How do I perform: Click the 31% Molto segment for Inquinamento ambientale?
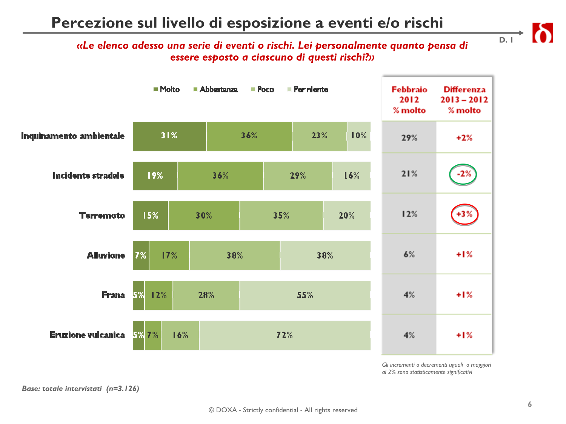[x=169, y=136]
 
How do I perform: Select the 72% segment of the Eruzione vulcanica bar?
[x=285, y=335]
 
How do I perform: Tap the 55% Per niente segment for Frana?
[x=305, y=295]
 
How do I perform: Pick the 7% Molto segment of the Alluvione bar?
[x=141, y=256]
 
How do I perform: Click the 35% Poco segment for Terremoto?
[x=281, y=216]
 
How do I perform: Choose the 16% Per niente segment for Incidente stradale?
[x=351, y=176]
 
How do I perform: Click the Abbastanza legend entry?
[x=215, y=90]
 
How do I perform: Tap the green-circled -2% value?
[x=463, y=174]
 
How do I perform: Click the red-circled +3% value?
[x=464, y=214]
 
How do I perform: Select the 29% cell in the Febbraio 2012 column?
[x=409, y=138]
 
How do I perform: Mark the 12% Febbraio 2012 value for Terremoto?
[x=409, y=214]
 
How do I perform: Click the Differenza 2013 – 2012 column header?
[x=464, y=100]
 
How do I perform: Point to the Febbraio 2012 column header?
[x=409, y=100]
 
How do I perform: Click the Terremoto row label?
[x=102, y=216]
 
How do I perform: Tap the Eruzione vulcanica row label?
[x=87, y=335]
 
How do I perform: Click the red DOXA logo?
[x=542, y=33]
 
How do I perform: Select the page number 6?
[x=530, y=404]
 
